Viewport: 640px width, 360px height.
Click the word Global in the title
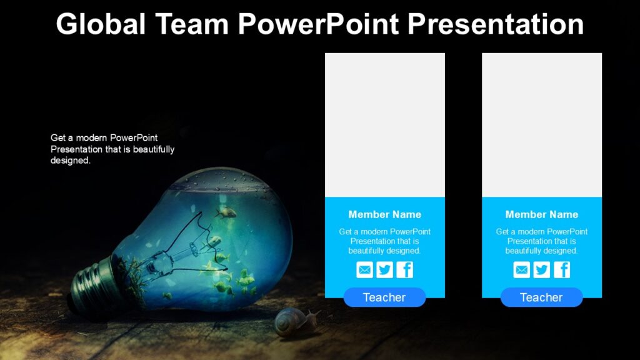pyautogui.click(x=100, y=25)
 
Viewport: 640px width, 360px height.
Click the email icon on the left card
pyautogui.click(x=364, y=270)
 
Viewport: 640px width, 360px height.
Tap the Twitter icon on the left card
pyautogui.click(x=384, y=270)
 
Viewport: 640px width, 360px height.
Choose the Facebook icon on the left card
pyautogui.click(x=405, y=270)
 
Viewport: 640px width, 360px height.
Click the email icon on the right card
pyautogui.click(x=521, y=270)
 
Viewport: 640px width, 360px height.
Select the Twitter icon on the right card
pyautogui.click(x=541, y=270)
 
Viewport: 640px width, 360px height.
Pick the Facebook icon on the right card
pyautogui.click(x=562, y=270)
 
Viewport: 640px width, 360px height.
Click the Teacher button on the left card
pyautogui.click(x=384, y=297)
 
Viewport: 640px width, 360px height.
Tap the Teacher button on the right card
pyautogui.click(x=541, y=297)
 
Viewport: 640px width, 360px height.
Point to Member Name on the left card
pyautogui.click(x=384, y=214)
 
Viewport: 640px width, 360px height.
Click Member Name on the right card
pyautogui.click(x=541, y=214)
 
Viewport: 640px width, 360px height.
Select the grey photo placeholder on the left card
pyautogui.click(x=384, y=125)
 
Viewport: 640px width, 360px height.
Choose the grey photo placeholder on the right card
pyautogui.click(x=541, y=125)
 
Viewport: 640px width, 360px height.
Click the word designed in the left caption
pyautogui.click(x=70, y=161)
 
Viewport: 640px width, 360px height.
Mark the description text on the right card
pyautogui.click(x=541, y=241)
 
